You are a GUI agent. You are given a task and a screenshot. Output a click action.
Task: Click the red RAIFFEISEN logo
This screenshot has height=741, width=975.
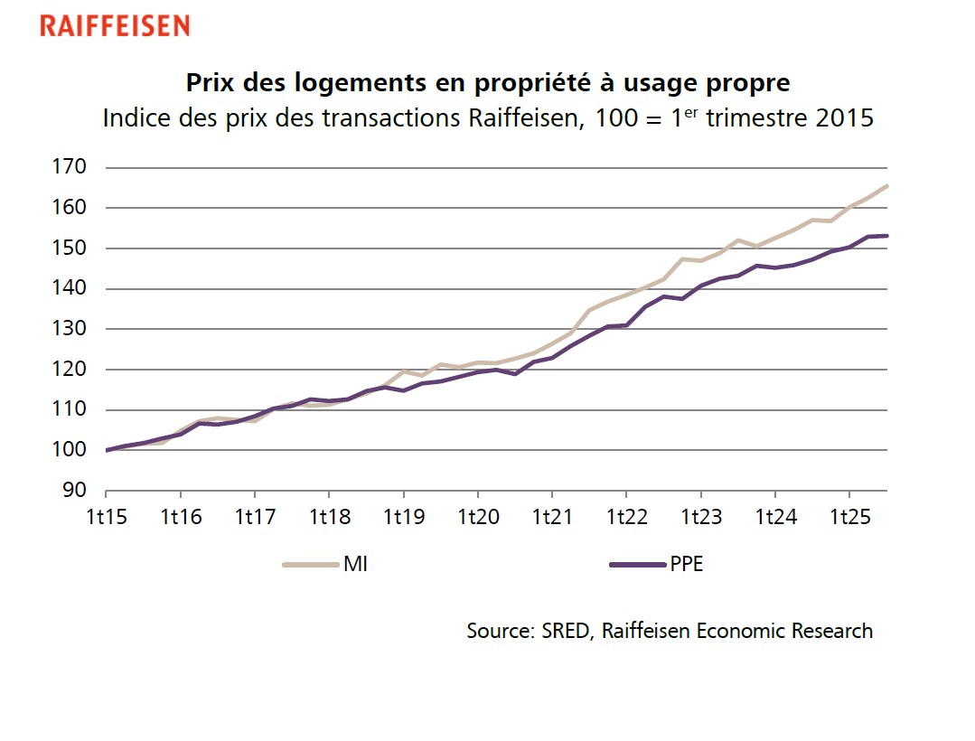point(115,26)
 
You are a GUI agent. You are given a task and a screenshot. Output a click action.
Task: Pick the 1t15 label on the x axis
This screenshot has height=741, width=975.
point(106,519)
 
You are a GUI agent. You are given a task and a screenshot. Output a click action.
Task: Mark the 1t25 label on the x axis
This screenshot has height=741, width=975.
point(848,519)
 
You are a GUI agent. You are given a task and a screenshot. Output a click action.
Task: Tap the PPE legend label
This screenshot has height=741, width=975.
point(686,566)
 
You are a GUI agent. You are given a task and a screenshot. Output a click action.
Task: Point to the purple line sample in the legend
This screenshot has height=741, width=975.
point(636,566)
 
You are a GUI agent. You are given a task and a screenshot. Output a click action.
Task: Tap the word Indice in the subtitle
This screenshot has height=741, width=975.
point(136,118)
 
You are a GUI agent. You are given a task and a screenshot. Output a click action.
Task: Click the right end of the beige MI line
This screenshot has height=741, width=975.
point(887,185)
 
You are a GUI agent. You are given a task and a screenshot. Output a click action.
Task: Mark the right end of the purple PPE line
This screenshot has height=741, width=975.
point(887,236)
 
